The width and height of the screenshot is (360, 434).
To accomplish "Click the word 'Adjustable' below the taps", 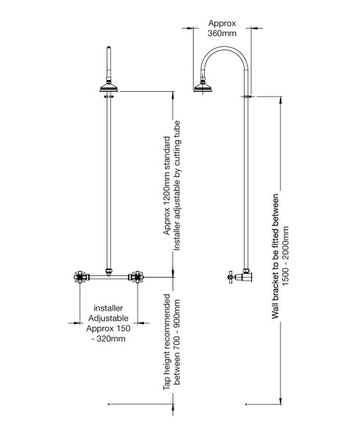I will [108, 319].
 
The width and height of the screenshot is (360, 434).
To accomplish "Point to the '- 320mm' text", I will [108, 339].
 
